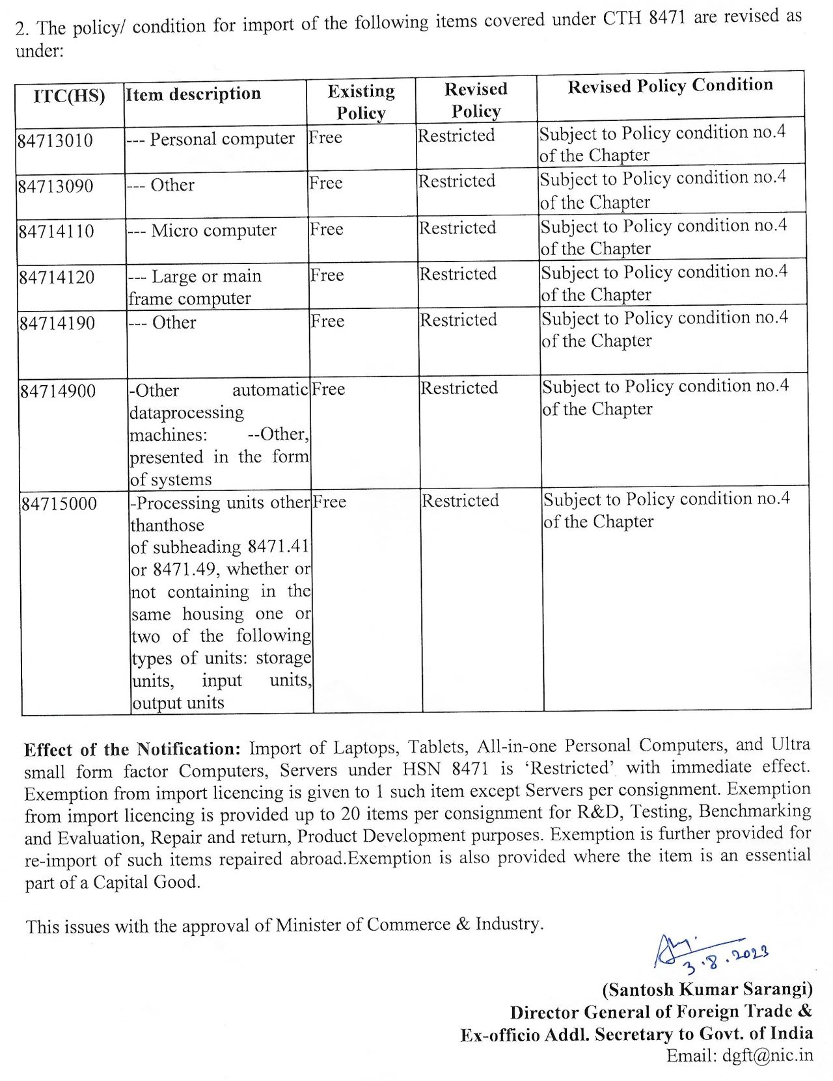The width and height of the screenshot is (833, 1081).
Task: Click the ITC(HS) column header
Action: (69, 96)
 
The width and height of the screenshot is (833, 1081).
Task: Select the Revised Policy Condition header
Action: (670, 86)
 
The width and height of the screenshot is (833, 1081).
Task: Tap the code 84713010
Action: (55, 140)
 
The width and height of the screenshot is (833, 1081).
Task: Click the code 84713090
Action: (55, 187)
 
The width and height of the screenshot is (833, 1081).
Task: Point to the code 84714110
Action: (56, 232)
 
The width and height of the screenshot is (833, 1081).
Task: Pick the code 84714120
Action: (57, 278)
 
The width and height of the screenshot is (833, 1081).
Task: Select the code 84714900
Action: (58, 392)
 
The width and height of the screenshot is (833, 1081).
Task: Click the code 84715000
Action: (59, 504)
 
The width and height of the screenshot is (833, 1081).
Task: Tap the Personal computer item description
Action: (222, 139)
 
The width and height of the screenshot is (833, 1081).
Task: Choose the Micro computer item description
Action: (213, 231)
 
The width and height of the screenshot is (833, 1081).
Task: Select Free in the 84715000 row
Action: (329, 502)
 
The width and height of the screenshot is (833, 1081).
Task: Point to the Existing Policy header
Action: (361, 102)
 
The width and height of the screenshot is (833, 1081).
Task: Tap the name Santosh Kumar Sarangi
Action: (707, 989)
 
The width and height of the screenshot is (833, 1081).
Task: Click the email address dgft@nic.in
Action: (767, 1055)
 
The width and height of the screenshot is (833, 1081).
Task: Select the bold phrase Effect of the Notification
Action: (133, 749)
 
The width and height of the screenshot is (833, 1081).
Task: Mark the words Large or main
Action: (206, 276)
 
